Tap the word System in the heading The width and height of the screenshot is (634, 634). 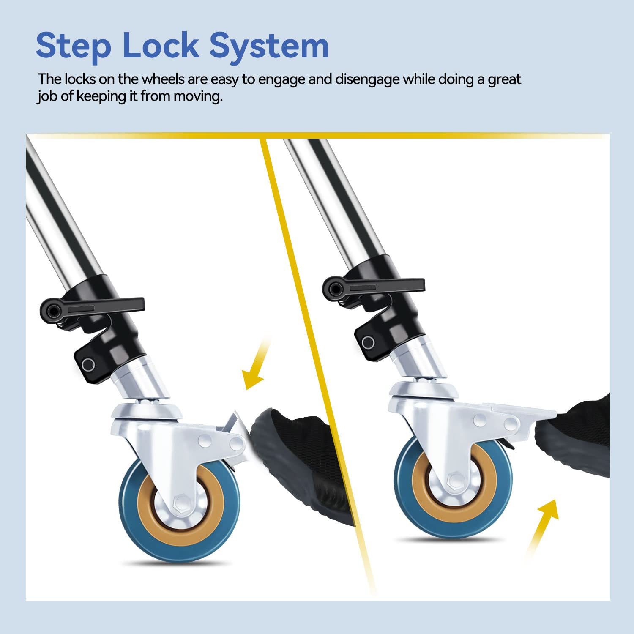coord(269,46)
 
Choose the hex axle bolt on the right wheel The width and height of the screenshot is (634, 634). coord(454,480)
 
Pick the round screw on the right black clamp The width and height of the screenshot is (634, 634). coord(368,342)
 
